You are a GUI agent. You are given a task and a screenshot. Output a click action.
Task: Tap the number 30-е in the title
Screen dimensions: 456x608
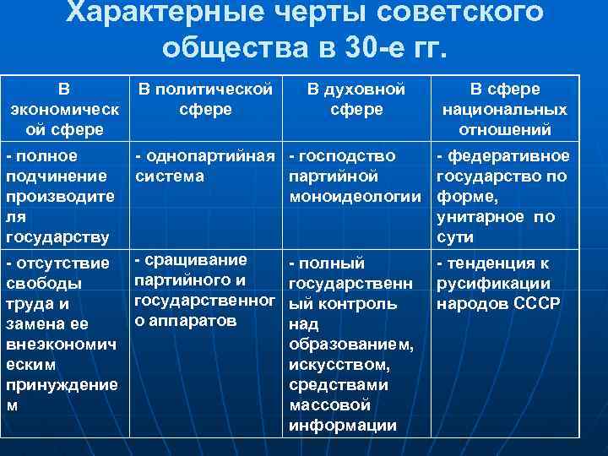[376, 46]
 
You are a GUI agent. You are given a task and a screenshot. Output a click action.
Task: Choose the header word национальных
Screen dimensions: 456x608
[505, 110]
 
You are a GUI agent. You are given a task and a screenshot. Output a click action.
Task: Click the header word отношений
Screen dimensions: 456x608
[505, 130]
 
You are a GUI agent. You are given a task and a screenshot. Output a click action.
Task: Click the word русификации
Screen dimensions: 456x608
[493, 284]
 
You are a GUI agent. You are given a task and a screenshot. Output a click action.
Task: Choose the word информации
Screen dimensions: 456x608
[342, 426]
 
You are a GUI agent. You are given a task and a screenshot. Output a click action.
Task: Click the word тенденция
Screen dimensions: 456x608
[497, 263]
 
